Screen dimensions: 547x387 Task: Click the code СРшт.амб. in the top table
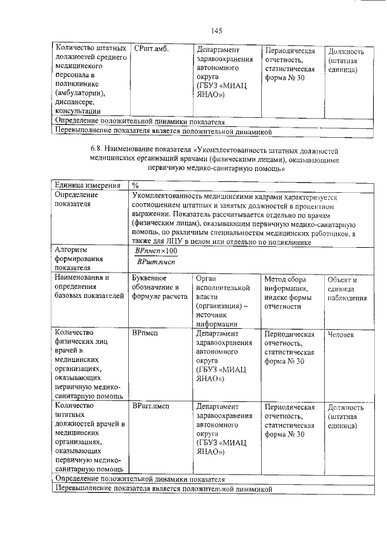151,49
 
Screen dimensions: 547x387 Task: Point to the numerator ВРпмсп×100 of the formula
156,250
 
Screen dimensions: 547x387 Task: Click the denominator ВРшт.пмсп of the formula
156,261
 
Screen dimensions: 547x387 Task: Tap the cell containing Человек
340,334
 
